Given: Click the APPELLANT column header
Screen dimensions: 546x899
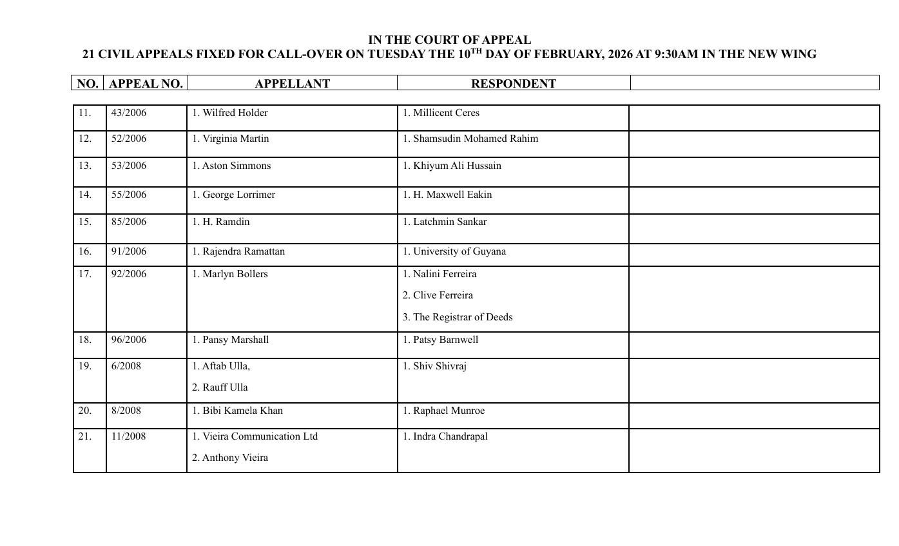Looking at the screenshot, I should pyautogui.click(x=292, y=84).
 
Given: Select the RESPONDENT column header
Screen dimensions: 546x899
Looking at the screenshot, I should pyautogui.click(x=513, y=84).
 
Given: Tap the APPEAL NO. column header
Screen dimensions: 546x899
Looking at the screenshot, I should pyautogui.click(x=146, y=84).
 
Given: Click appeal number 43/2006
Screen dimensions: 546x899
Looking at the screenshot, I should pyautogui.click(x=129, y=113).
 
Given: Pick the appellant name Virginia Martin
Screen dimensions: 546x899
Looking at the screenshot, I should pyautogui.click(x=231, y=139).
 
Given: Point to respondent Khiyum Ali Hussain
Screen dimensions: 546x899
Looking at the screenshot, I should pyautogui.click(x=452, y=166).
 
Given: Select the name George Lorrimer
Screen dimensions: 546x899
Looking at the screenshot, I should pyautogui.click(x=233, y=195).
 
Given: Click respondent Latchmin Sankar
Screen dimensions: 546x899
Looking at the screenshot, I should pyautogui.click(x=445, y=222).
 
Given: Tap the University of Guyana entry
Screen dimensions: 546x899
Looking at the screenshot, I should pyautogui.click(x=454, y=252).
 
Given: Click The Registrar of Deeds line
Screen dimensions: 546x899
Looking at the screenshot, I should pyautogui.click(x=458, y=318).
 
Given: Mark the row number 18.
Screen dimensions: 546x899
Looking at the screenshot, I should pyautogui.click(x=85, y=340).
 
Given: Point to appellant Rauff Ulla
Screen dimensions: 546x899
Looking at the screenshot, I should pyautogui.click(x=220, y=388).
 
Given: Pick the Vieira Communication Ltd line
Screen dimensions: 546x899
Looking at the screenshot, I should pyautogui.click(x=255, y=437).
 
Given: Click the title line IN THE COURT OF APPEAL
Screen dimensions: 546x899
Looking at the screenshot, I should pyautogui.click(x=449, y=40).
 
